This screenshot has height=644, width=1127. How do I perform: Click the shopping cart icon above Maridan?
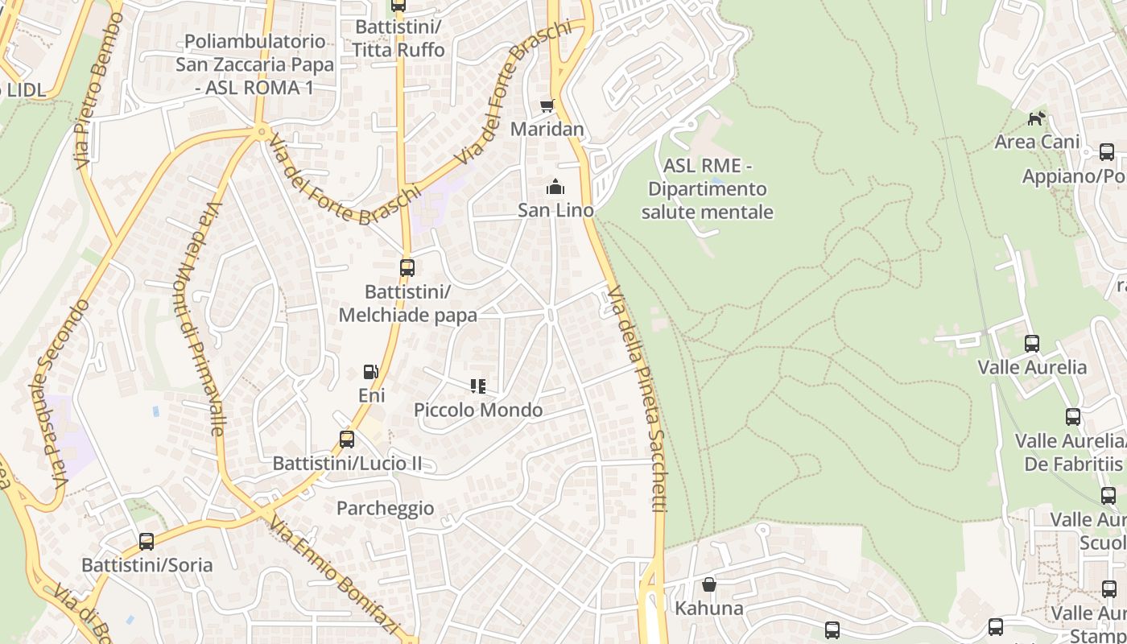pos(547,105)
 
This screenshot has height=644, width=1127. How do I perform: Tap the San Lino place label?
pos(555,210)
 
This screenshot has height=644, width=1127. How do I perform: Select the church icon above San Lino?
pos(555,188)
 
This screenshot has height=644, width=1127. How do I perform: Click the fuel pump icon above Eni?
pos(371,372)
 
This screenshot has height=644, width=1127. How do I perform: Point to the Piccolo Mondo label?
pos(478,410)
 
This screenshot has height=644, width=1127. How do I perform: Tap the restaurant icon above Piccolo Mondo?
pos(478,386)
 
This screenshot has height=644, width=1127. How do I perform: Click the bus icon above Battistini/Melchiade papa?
pos(407,267)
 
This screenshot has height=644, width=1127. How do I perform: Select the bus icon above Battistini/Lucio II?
pos(347,439)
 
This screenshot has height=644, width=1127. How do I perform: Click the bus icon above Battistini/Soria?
pos(147,541)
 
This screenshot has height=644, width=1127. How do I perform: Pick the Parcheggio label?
pos(385,508)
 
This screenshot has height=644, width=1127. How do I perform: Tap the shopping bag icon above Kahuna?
pos(709,584)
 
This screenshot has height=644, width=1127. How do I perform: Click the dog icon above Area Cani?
pos(1036,119)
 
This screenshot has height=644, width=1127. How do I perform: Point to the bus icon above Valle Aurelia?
pos(1032,344)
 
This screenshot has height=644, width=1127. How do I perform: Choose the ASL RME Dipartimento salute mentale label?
pos(708,189)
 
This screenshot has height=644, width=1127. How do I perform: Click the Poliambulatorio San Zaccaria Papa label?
pos(254,64)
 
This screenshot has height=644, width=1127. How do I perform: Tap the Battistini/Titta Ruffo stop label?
pos(398,38)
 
